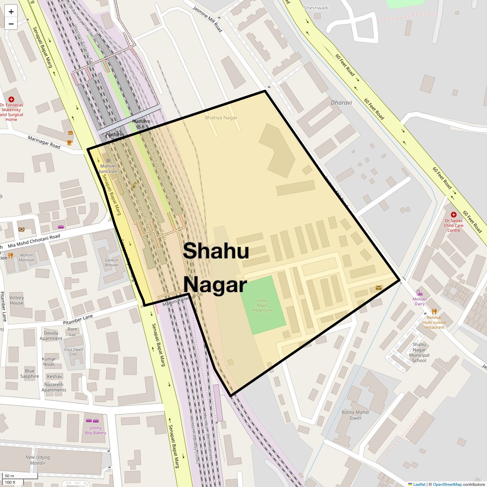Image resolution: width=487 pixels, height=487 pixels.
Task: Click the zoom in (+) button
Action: pyautogui.click(x=11, y=12)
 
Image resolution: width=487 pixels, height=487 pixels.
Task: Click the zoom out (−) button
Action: pyautogui.click(x=11, y=24)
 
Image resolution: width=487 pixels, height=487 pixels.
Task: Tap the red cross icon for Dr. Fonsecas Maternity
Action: pyautogui.click(x=11, y=99)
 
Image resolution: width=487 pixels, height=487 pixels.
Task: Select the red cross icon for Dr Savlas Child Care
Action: pyautogui.click(x=454, y=215)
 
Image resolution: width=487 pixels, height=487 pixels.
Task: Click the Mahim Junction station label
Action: pyautogui.click(x=108, y=168)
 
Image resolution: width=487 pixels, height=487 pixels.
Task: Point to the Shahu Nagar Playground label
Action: pyautogui.click(x=262, y=305)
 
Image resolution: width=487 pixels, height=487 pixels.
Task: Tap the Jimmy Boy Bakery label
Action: pyautogui.click(x=96, y=430)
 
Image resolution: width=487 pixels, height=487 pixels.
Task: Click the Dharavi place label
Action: pyautogui.click(x=341, y=103)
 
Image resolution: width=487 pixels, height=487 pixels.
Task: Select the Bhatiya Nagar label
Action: pyautogui.click(x=221, y=118)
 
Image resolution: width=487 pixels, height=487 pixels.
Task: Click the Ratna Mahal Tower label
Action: pyautogui.click(x=355, y=415)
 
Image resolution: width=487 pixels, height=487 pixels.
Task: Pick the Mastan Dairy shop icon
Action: pyautogui.click(x=419, y=293)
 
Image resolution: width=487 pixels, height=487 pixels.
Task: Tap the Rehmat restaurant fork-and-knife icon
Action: pyautogui.click(x=434, y=311)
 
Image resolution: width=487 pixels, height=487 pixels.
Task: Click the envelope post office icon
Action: pyautogui.click(x=379, y=288)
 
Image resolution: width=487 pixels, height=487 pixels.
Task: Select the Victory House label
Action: pyautogui.click(x=17, y=300)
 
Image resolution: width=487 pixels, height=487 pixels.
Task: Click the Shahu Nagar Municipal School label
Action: pyautogui.click(x=419, y=352)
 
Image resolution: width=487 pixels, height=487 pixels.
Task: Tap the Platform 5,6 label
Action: pyautogui.click(x=141, y=124)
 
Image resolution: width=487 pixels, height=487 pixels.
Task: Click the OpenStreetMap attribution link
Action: pyautogui.click(x=447, y=484)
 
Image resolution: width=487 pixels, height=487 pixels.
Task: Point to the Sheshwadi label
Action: pyautogui.click(x=316, y=8)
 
